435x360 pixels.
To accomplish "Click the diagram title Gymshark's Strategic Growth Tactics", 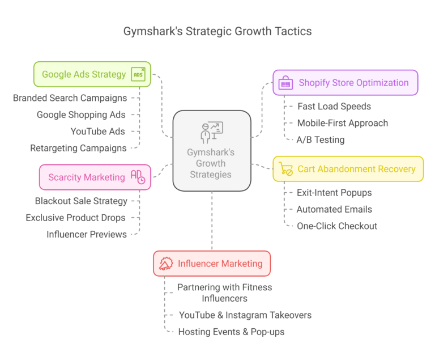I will [x=217, y=31].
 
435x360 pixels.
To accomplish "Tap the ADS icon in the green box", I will [x=138, y=74].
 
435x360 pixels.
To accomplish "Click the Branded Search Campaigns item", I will [x=70, y=98].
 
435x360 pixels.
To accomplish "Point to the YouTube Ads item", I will [x=97, y=132].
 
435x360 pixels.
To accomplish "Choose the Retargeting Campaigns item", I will [x=78, y=148].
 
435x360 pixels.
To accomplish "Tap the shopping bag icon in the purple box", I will [x=286, y=83].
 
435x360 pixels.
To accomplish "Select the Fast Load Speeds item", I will [x=335, y=106].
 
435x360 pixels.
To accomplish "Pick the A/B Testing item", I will [x=321, y=139].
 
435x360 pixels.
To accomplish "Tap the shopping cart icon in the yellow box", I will [x=285, y=168].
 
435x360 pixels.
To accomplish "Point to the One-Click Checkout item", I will [x=337, y=226].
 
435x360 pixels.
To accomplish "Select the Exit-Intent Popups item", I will [x=334, y=193].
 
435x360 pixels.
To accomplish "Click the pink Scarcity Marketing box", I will [x=86, y=177].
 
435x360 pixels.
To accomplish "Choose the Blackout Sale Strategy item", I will [x=81, y=201].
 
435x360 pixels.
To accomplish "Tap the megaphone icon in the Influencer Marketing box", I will [x=166, y=264].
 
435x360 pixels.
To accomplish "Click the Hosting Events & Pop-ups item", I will [x=231, y=332].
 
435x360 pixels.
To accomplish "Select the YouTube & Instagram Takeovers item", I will [x=245, y=315].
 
